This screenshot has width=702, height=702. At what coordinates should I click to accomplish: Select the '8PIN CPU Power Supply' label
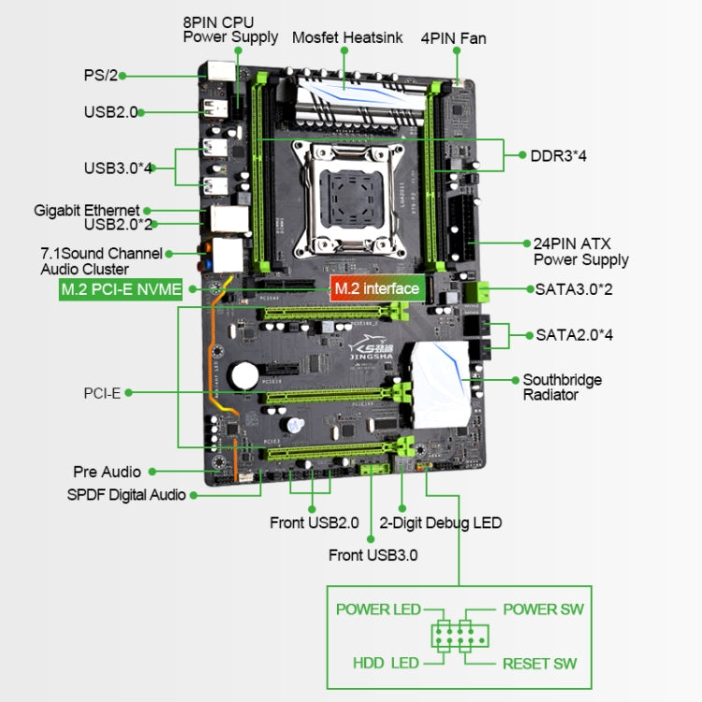click(230, 29)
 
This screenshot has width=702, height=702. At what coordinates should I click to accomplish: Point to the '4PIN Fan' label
click(453, 38)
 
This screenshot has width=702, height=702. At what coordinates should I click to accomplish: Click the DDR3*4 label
click(559, 155)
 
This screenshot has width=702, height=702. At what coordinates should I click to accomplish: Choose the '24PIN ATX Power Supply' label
click(580, 251)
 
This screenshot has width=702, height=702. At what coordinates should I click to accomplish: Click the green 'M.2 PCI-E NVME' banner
click(120, 289)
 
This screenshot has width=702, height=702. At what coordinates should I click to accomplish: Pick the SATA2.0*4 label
click(573, 334)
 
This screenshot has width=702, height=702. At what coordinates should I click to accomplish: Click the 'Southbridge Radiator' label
click(562, 388)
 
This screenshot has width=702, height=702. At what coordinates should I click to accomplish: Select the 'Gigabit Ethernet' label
click(87, 211)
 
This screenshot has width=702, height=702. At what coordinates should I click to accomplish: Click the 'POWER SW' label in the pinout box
click(543, 609)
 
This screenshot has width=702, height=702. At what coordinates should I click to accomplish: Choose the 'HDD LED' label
click(386, 664)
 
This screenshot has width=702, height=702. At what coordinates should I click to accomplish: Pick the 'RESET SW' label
click(540, 664)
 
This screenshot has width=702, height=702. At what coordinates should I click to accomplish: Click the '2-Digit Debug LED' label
click(441, 522)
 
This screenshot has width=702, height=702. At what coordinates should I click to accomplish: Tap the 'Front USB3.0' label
click(373, 555)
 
